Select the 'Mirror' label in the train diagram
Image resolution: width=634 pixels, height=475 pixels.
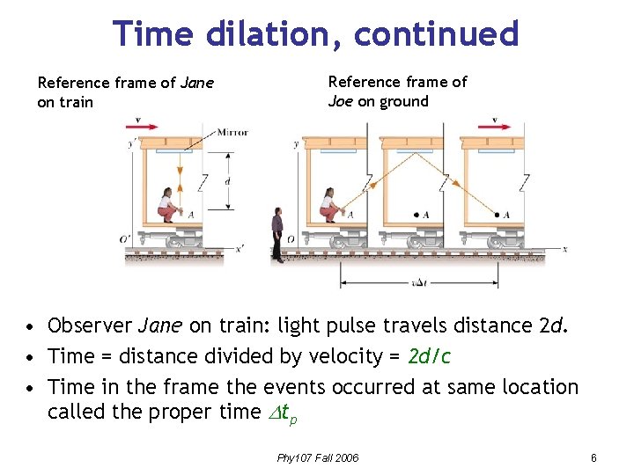[232, 132]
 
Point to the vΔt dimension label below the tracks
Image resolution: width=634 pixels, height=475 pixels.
[419, 283]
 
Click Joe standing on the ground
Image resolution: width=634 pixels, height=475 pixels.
[278, 235]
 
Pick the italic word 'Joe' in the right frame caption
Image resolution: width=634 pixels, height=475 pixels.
[341, 101]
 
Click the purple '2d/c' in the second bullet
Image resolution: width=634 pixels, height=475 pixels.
[429, 356]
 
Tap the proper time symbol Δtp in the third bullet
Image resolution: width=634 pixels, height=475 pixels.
[284, 413]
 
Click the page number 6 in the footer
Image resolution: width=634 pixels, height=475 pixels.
[594, 457]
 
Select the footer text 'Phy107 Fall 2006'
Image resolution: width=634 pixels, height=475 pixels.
[318, 457]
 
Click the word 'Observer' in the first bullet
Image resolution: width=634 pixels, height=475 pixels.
[91, 326]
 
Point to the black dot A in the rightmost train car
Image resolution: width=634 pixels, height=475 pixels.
[498, 214]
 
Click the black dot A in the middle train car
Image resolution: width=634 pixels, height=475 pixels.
[417, 214]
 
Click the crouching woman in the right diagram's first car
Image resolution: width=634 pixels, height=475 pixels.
[330, 205]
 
